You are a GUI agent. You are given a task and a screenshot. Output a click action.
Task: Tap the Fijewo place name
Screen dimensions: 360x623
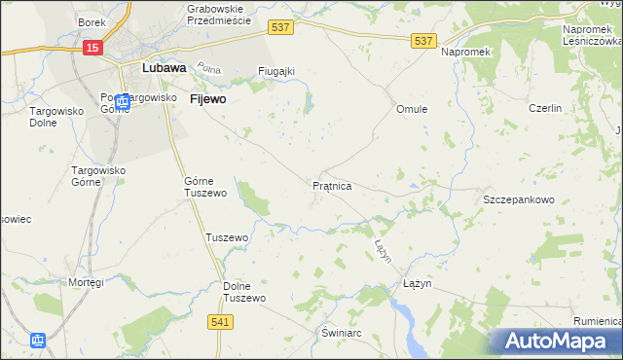click(x=208, y=99)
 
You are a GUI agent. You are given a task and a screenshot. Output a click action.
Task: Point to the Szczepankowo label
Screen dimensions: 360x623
click(x=519, y=199)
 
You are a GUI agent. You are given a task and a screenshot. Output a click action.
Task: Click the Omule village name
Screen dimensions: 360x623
click(x=412, y=109)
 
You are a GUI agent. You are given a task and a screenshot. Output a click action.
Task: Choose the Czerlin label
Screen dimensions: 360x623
click(x=545, y=108)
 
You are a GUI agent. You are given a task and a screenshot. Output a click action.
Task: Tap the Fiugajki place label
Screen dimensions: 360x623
click(x=275, y=71)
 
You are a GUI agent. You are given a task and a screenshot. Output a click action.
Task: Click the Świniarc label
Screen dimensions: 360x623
click(x=343, y=332)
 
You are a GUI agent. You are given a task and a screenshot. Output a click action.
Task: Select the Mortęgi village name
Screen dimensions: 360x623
click(x=86, y=282)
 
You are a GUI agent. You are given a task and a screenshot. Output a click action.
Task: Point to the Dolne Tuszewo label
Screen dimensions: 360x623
click(x=244, y=292)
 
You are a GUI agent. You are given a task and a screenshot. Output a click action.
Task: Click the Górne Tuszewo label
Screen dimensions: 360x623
click(x=205, y=187)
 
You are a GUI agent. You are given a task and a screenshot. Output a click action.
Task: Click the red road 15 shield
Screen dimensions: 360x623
click(x=92, y=48)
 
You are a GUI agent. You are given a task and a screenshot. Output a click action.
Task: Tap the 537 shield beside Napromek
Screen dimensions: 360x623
click(x=422, y=40)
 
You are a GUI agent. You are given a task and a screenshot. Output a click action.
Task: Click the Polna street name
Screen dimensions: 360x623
click(x=209, y=69)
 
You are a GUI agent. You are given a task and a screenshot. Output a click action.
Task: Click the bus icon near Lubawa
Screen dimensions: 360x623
click(x=122, y=101)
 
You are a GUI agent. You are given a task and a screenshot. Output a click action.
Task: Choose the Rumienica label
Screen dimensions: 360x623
click(x=598, y=322)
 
